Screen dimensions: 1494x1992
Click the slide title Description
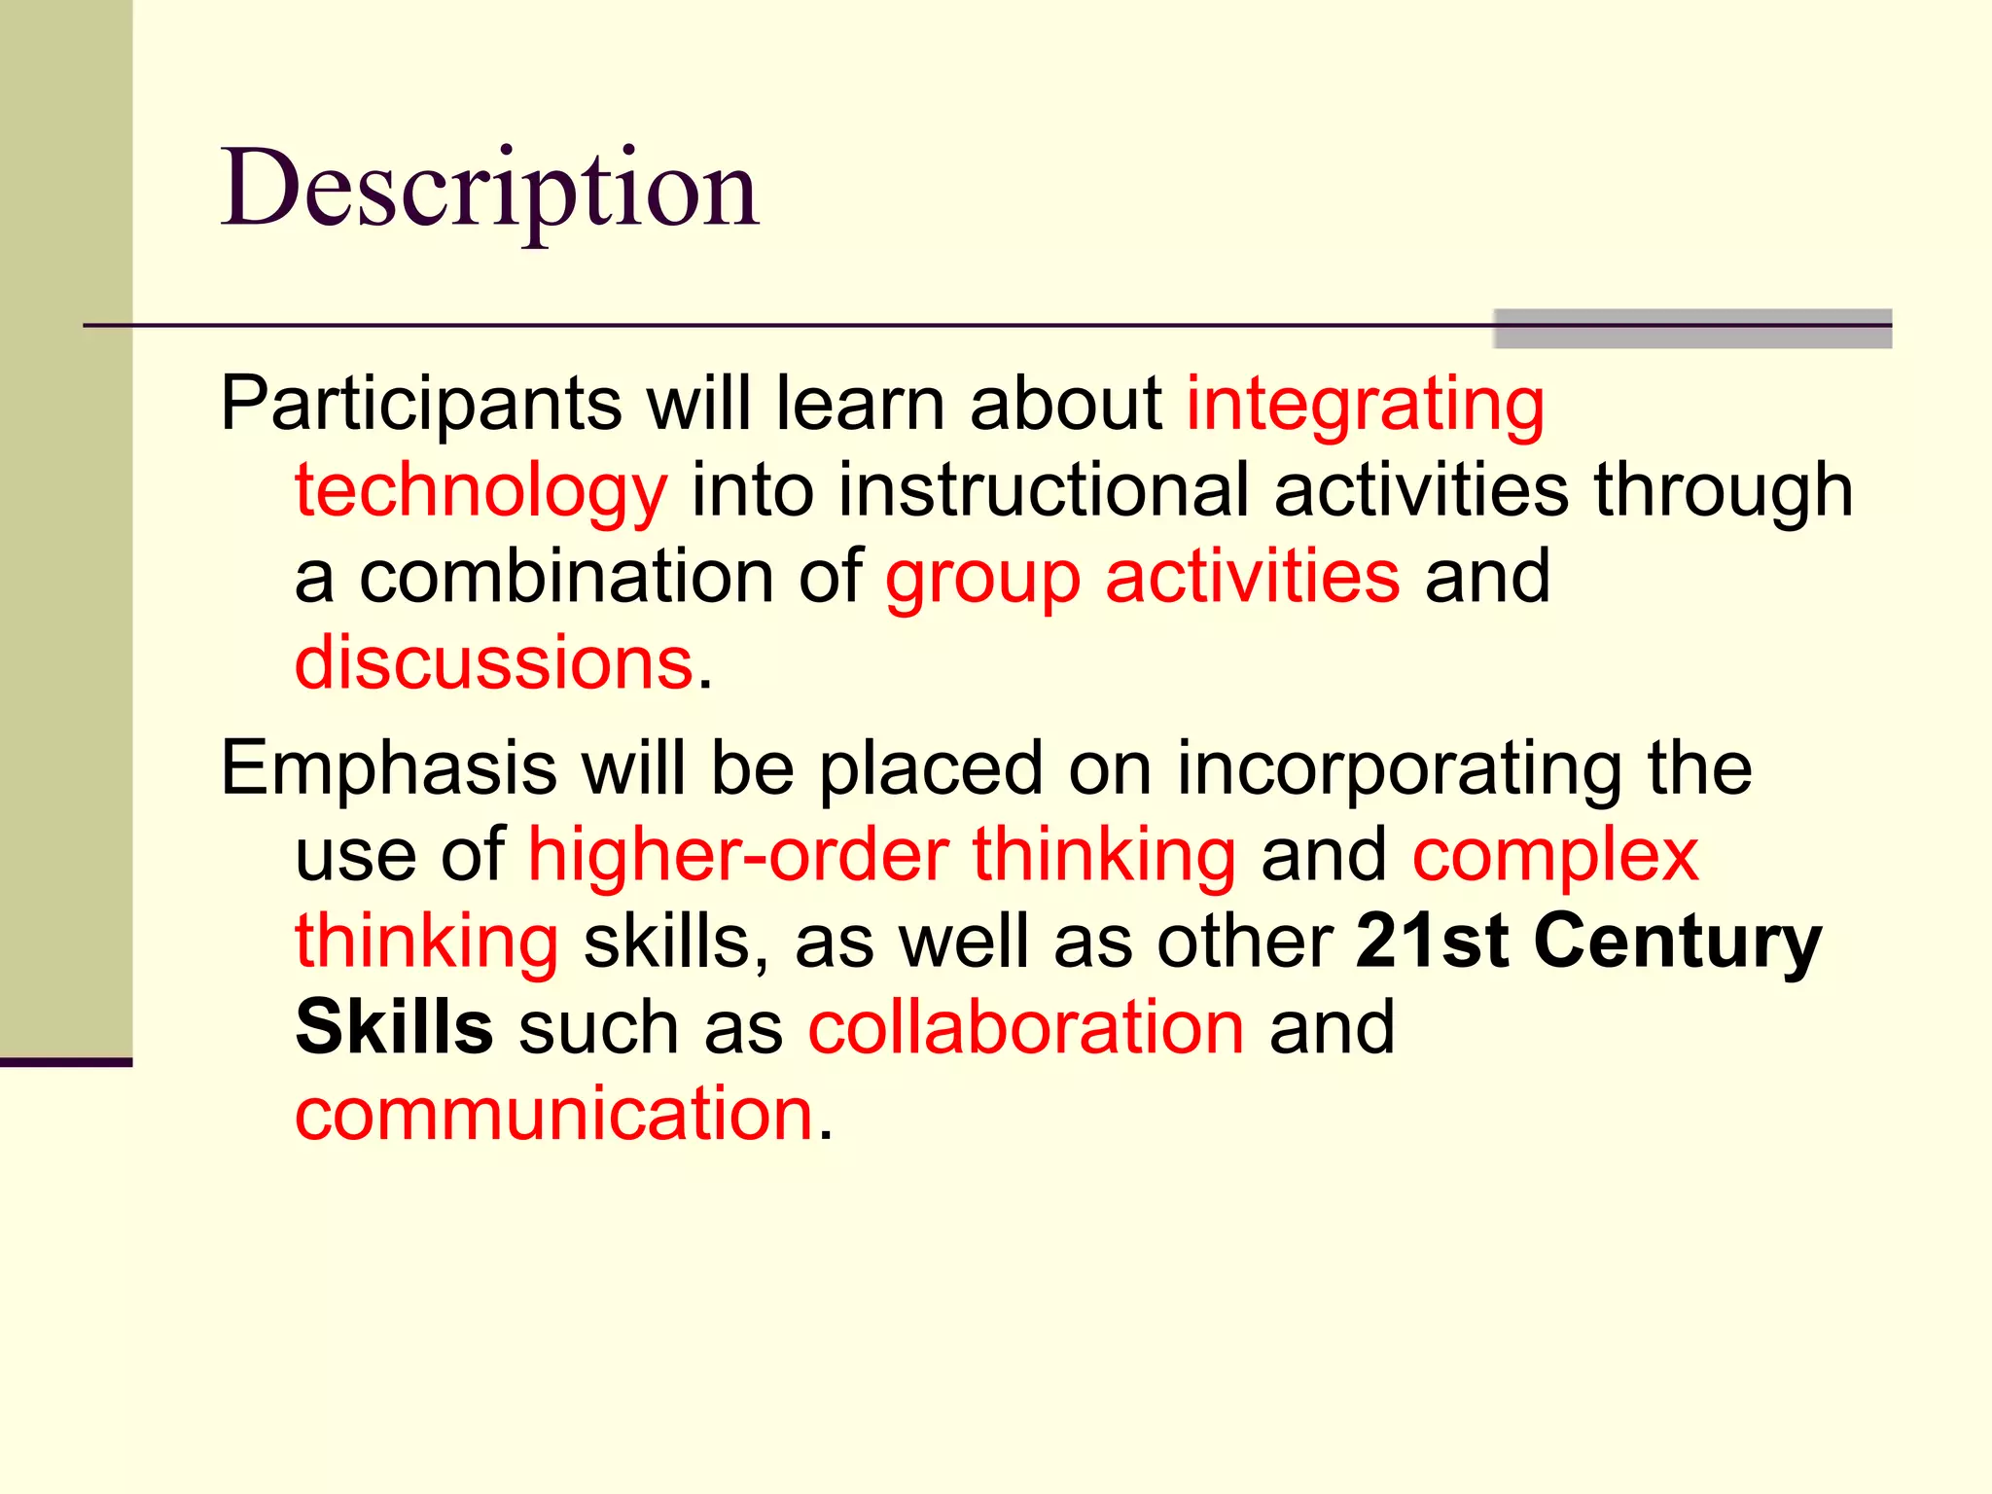pos(489,190)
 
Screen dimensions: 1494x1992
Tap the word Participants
pos(420,404)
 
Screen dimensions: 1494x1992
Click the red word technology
pos(481,491)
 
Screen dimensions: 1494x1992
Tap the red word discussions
pos(494,663)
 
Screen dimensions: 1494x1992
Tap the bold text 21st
pos(1433,942)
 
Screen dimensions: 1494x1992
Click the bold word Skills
pos(394,1027)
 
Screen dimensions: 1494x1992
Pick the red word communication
pos(553,1114)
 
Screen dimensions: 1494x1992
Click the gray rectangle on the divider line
pos(1692,329)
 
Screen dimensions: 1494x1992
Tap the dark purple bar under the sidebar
pos(65,1062)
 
